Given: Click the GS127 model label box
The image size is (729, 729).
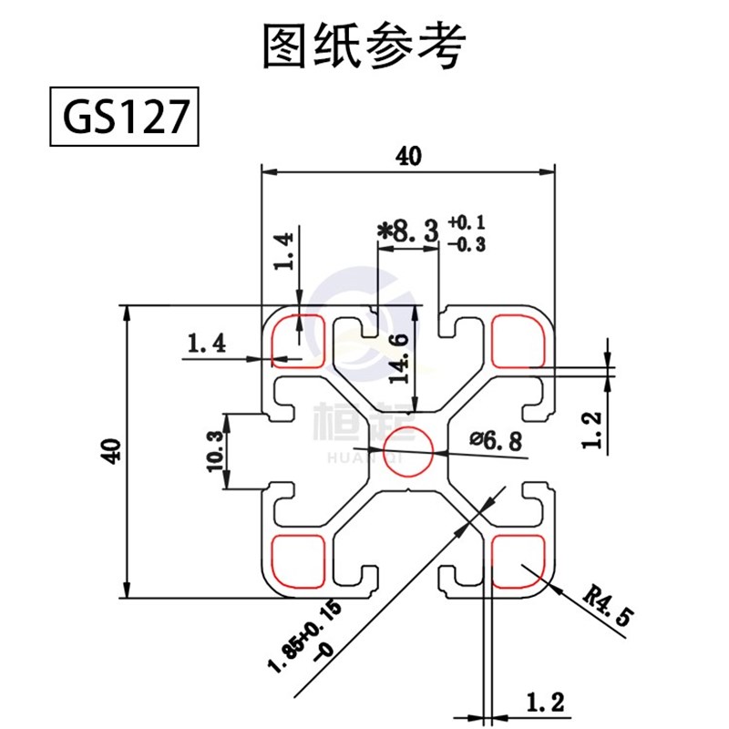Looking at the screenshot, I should coord(122,116).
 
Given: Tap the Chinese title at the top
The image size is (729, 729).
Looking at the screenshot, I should coord(364,46).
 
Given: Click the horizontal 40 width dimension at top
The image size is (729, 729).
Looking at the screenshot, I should coord(408,156).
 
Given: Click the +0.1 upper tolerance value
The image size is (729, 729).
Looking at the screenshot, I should coord(467,222).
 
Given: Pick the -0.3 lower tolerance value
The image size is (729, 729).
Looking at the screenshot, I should coord(467,243).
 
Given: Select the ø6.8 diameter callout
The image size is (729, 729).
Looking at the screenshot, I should coord(497,442).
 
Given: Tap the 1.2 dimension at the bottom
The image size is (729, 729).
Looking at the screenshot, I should coord(545,703).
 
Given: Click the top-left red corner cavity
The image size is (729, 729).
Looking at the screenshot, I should coord(298,340).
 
